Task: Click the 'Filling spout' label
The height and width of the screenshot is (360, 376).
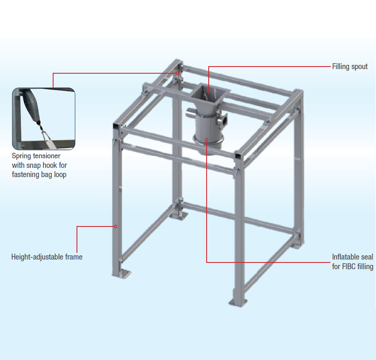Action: [350, 67]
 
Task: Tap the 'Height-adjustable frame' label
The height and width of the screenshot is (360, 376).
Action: [47, 257]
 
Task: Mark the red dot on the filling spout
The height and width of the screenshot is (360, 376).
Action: [208, 90]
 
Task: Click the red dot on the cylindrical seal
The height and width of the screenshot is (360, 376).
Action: [207, 139]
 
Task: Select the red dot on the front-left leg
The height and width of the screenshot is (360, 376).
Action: [116, 226]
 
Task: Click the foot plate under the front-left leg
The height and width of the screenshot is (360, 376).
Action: [121, 274]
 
